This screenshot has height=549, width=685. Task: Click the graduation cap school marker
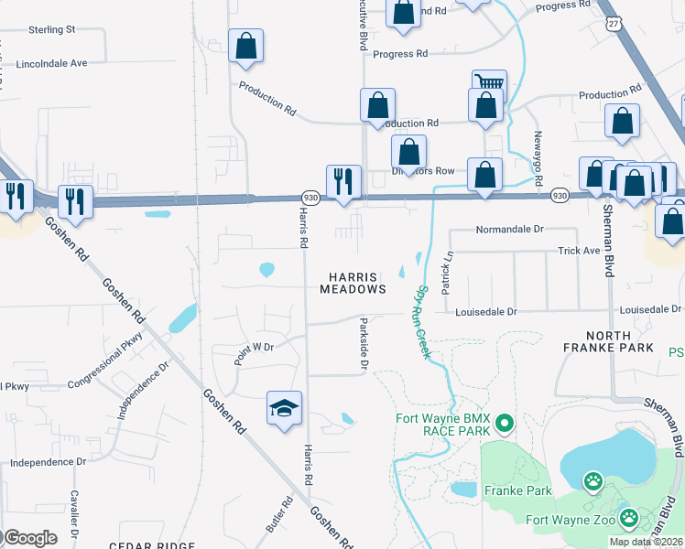(285, 407)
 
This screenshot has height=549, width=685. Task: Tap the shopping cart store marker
(489, 85)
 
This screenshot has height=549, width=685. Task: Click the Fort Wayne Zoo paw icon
(629, 519)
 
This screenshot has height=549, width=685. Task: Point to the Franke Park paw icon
(593, 479)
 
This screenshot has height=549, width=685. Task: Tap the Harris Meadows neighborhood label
(353, 282)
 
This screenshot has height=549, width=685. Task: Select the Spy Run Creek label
(422, 321)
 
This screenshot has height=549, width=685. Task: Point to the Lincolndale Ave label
(51, 64)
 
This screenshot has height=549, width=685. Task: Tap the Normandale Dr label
(510, 230)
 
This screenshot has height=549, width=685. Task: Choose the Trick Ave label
(579, 250)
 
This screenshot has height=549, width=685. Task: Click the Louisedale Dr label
(486, 311)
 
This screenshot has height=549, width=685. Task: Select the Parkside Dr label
(364, 345)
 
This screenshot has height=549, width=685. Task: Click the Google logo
(29, 537)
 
